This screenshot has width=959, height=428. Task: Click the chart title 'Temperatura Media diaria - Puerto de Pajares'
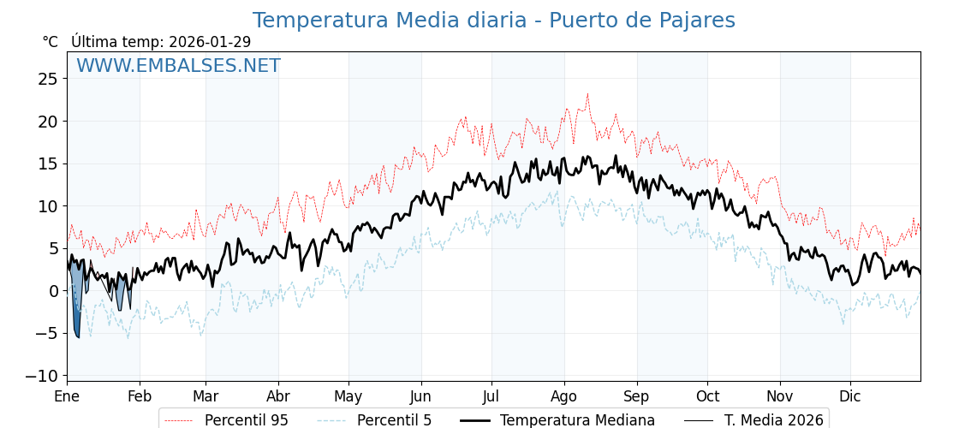pos(493,21)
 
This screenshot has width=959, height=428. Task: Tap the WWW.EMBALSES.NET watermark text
pos(178,66)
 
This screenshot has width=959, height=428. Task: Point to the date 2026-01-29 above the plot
pos(210,42)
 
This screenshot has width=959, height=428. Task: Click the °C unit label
pos(50,42)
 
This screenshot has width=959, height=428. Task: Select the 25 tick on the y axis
pos(48,79)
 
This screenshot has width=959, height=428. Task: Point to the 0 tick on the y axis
pos(53,291)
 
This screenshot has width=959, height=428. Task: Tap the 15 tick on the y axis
pos(48,163)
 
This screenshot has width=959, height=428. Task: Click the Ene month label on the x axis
pos(67,397)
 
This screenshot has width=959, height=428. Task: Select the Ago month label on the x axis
pos(563,397)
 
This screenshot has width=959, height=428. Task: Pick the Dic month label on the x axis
pos(850,397)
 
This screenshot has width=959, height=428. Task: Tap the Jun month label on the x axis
pos(420,397)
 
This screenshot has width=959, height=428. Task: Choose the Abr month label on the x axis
pos(278,397)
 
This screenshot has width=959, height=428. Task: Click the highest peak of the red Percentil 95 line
pos(587,94)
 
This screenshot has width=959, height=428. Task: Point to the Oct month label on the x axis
pos(707,397)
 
